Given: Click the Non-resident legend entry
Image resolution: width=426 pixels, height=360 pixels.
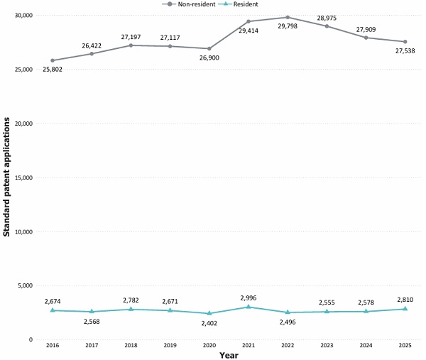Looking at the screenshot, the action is (x=189, y=4).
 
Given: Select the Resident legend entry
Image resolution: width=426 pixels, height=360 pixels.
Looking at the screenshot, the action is (x=238, y=4).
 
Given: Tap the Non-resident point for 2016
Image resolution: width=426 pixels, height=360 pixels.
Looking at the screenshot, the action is (x=53, y=60).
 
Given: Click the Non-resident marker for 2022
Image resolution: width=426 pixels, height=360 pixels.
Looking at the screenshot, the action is (x=288, y=17).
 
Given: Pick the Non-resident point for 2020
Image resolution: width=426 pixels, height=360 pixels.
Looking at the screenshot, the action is (x=209, y=48).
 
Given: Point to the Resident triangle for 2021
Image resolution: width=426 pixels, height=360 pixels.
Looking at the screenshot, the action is (x=248, y=307).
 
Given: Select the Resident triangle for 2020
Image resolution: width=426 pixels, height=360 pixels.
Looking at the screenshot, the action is (x=209, y=313).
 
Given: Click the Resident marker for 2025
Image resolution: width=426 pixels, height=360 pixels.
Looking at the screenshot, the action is (x=405, y=309).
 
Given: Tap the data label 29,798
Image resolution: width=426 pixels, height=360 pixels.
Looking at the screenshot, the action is (x=288, y=26).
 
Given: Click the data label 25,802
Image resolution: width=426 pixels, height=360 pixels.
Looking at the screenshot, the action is (x=53, y=70).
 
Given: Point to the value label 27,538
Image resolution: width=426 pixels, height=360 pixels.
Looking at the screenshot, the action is (x=405, y=51).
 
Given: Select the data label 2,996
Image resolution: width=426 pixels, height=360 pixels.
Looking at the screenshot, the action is (x=248, y=298).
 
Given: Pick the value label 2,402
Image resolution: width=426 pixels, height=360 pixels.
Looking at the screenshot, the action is (x=209, y=323).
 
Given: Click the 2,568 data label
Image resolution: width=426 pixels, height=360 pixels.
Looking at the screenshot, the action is (x=92, y=322).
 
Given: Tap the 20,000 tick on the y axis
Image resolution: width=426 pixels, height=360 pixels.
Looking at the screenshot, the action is (x=23, y=124).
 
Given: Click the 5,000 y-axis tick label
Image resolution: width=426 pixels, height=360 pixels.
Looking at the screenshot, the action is (x=25, y=285).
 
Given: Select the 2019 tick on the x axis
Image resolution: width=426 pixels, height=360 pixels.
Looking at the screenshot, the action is (x=170, y=345).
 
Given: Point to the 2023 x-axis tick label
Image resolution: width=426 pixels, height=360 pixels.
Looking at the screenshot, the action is (x=327, y=345).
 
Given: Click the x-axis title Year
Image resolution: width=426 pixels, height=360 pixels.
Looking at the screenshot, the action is (x=229, y=355).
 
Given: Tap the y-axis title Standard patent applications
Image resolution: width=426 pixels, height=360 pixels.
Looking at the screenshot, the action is (x=6, y=177).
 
